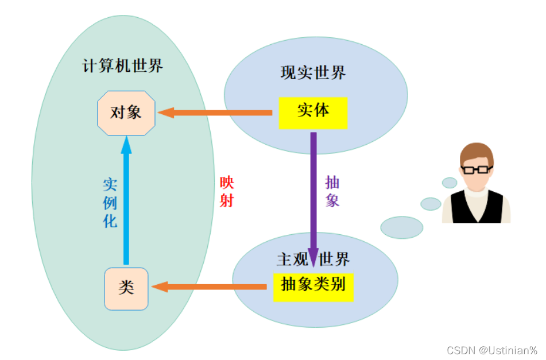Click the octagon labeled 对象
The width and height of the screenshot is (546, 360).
point(126,113)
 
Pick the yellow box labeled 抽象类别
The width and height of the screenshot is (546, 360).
point(313,285)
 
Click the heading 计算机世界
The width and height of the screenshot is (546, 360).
point(123,66)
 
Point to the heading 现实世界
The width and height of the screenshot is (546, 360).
point(313,73)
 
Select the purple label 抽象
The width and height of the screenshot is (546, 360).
point(333,191)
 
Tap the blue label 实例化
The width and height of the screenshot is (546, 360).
point(110,203)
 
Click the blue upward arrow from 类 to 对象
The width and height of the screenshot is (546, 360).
point(127,207)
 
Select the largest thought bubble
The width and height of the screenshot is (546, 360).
point(401,227)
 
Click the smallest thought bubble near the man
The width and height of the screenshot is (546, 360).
point(450,183)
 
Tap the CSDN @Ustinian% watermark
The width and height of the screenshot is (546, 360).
point(491,350)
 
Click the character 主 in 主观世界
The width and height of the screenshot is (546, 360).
point(285,260)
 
